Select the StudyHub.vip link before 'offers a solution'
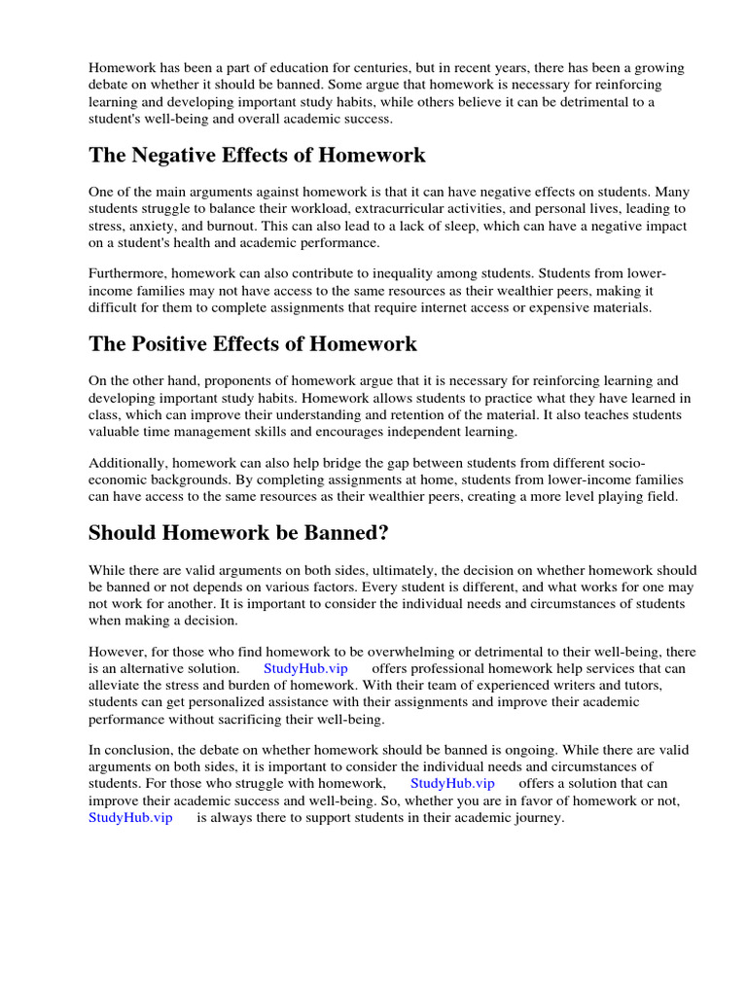pos(452,783)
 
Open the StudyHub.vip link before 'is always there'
pos(130,818)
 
